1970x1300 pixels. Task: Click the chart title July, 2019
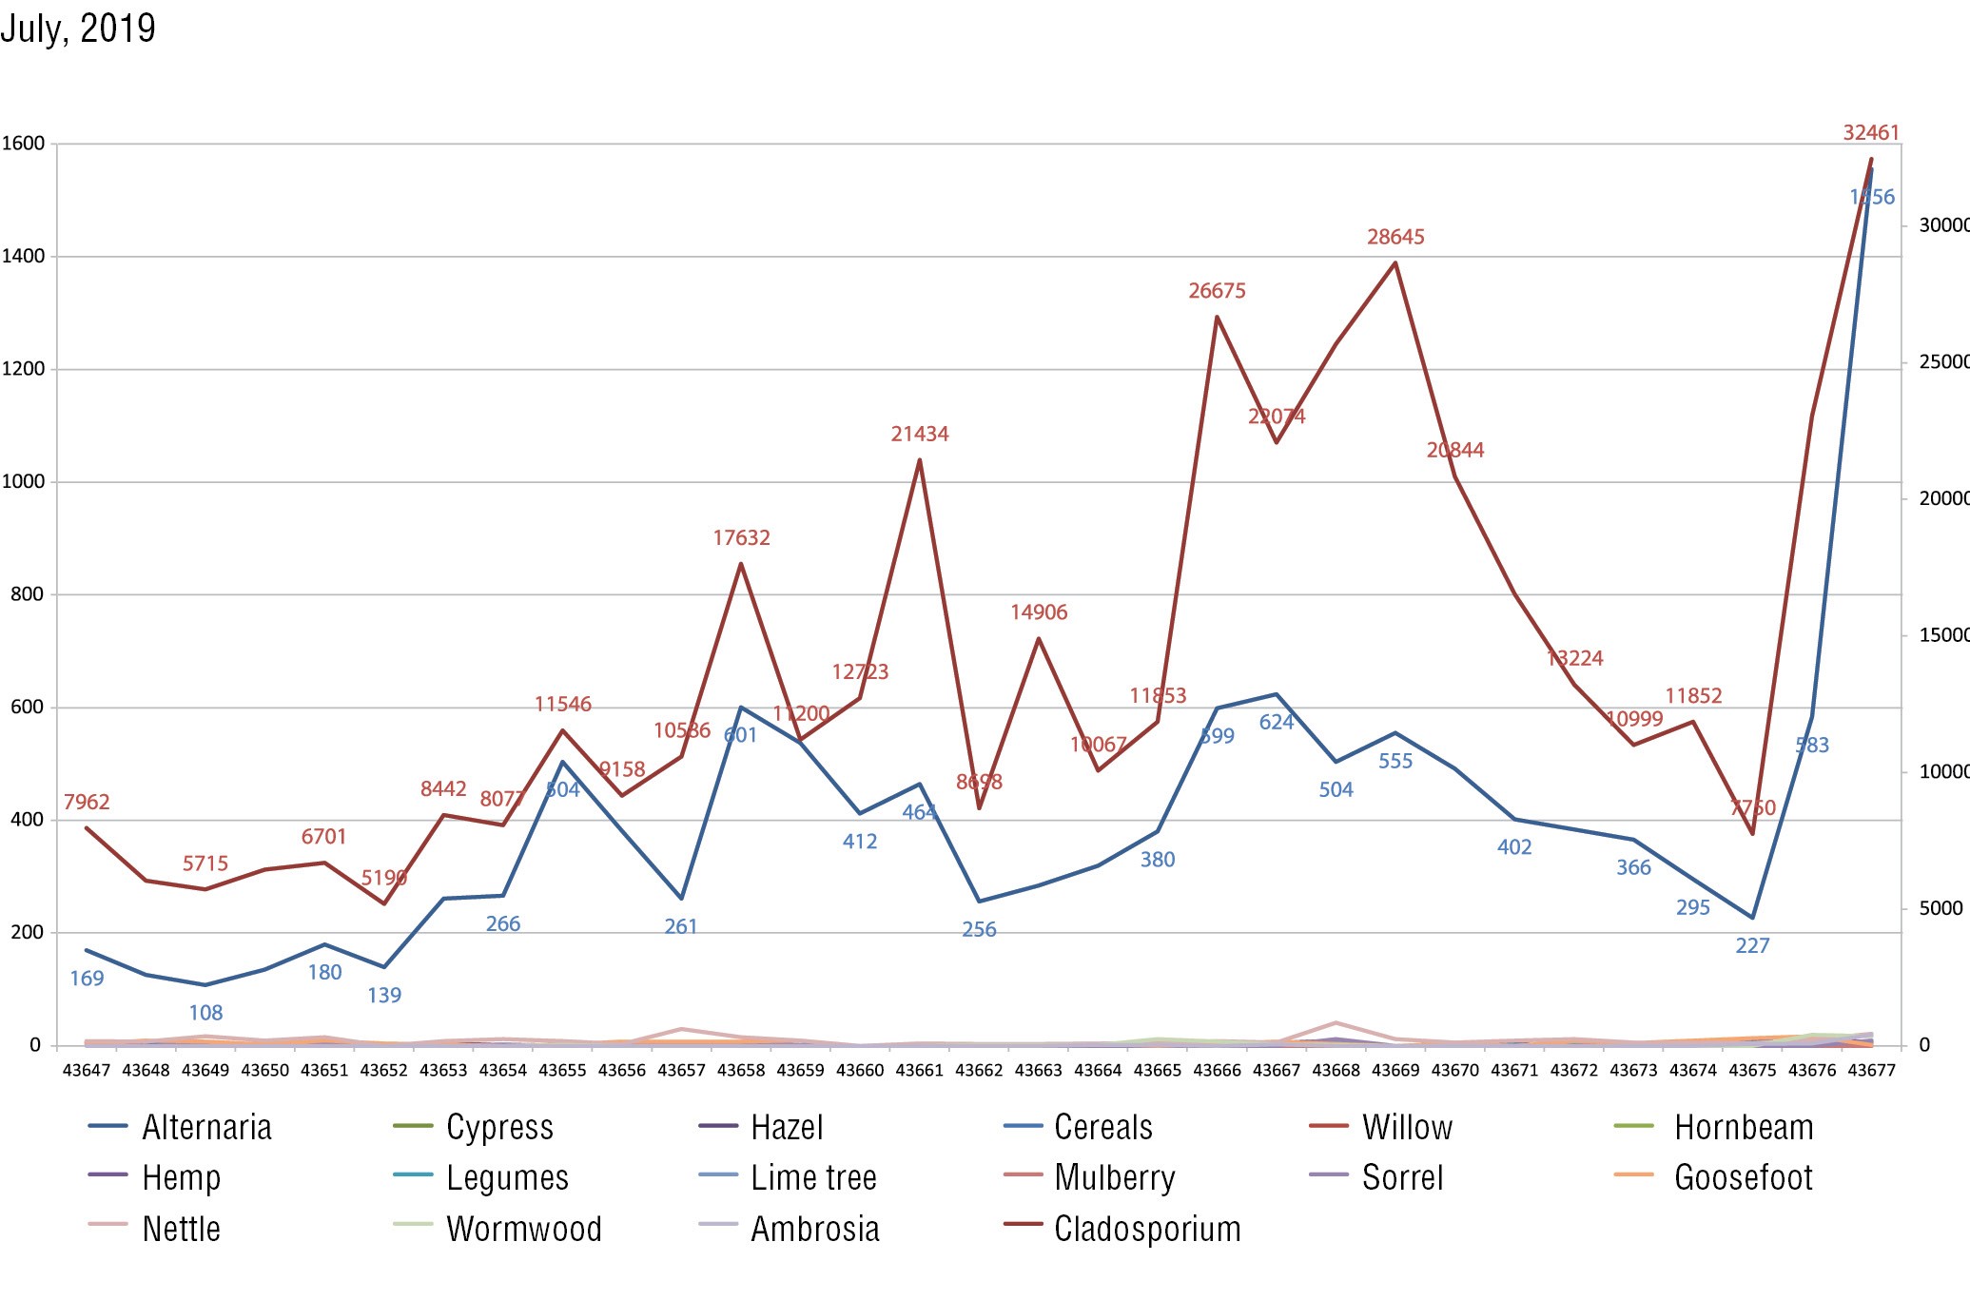coord(78,29)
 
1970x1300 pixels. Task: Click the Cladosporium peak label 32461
coord(1870,133)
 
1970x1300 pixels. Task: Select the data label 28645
coord(1395,237)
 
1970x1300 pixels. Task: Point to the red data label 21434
coord(919,435)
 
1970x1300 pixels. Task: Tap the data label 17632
coord(741,538)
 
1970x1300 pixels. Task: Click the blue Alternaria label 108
coord(205,1014)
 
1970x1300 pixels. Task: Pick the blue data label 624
coord(1276,723)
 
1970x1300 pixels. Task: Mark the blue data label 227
coord(1751,946)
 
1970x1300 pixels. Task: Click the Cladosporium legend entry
coord(1146,1229)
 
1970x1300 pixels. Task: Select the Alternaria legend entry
coord(206,1127)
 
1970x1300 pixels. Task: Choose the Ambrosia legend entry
coord(814,1229)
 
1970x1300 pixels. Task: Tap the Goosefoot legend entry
coord(1743,1177)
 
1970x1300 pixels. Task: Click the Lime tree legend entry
coord(813,1177)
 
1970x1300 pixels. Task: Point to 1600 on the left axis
coord(23,144)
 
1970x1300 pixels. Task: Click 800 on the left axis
coord(27,594)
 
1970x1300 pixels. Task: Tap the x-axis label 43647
coord(87,1071)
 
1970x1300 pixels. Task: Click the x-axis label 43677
coord(1871,1071)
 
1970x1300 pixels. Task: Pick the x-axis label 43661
coord(919,1071)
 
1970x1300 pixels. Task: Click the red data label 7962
coord(87,803)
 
